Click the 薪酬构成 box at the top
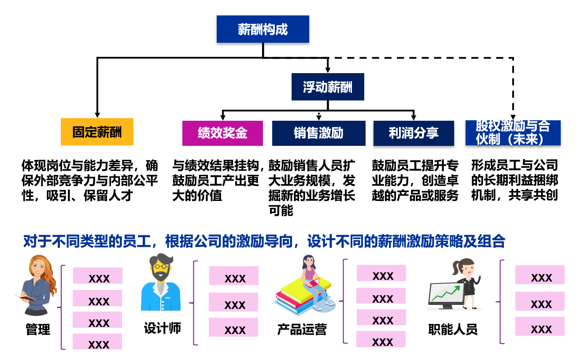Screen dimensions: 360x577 pyautogui.click(x=263, y=30)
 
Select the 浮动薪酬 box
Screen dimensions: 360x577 pyautogui.click(x=328, y=87)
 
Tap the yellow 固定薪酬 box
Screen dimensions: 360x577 pyautogui.click(x=97, y=132)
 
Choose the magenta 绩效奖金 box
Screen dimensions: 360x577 pyautogui.click(x=222, y=133)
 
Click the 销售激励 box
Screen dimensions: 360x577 pyautogui.click(x=318, y=133)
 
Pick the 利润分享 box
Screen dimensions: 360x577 pyautogui.click(x=414, y=133)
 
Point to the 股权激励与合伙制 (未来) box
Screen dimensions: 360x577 pyautogui.click(x=513, y=133)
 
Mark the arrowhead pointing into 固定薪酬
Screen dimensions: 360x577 pyautogui.click(x=97, y=115)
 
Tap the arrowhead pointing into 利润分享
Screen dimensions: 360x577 pyautogui.click(x=414, y=117)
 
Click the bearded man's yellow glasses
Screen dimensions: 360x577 pyautogui.click(x=159, y=266)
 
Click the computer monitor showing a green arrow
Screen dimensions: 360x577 pyautogui.click(x=446, y=294)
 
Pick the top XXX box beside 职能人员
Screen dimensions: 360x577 pyautogui.click(x=540, y=275)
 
